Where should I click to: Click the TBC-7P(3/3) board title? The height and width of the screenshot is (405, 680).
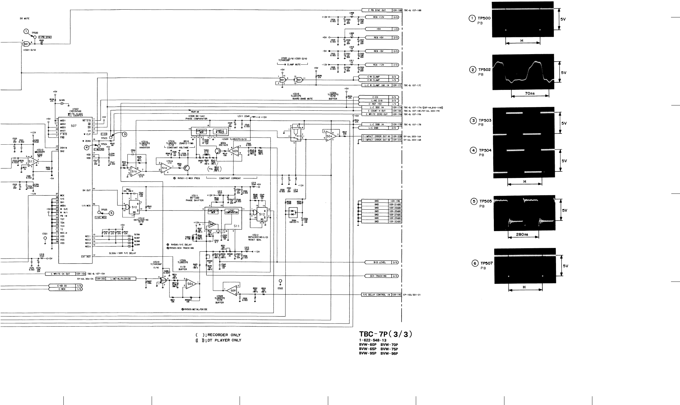(x=385, y=334)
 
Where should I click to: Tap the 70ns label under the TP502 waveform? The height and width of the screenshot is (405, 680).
(x=527, y=93)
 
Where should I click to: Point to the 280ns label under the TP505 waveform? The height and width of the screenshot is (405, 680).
(x=523, y=235)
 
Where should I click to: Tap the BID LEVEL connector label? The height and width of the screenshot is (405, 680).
(x=379, y=262)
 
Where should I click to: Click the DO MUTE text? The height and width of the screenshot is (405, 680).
(x=25, y=19)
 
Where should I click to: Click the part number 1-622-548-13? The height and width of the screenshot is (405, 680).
(x=373, y=340)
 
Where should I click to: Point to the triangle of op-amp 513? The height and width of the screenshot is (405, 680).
(x=32, y=161)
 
